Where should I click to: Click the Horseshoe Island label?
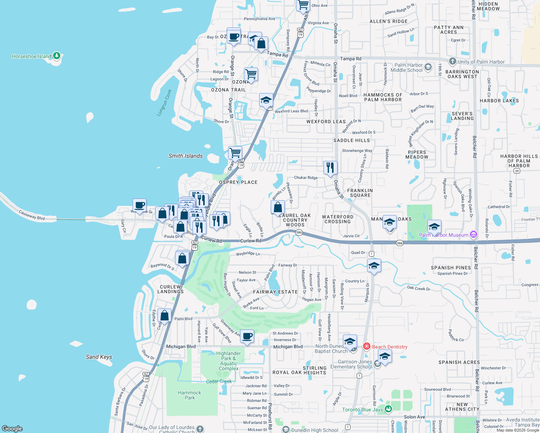(31, 56)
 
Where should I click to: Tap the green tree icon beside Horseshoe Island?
(57, 56)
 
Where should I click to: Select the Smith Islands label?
(186, 156)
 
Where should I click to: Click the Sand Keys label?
(99, 357)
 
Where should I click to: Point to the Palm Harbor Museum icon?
(474, 235)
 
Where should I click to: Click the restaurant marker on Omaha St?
(330, 168)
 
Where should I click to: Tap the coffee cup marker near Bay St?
(234, 36)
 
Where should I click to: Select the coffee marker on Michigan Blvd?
(247, 336)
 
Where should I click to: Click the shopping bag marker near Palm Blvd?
(164, 316)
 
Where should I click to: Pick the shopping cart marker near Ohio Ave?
(303, 5)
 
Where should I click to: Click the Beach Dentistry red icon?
(367, 346)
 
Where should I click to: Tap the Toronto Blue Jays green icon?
(388, 409)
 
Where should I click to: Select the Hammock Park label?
(190, 395)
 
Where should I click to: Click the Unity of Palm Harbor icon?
(453, 61)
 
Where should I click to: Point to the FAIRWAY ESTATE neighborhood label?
(275, 292)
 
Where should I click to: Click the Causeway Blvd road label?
(32, 215)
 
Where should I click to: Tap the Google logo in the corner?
(12, 428)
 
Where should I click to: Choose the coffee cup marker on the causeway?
(139, 205)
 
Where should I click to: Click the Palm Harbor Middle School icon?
(428, 67)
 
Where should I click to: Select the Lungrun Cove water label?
(164, 103)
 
